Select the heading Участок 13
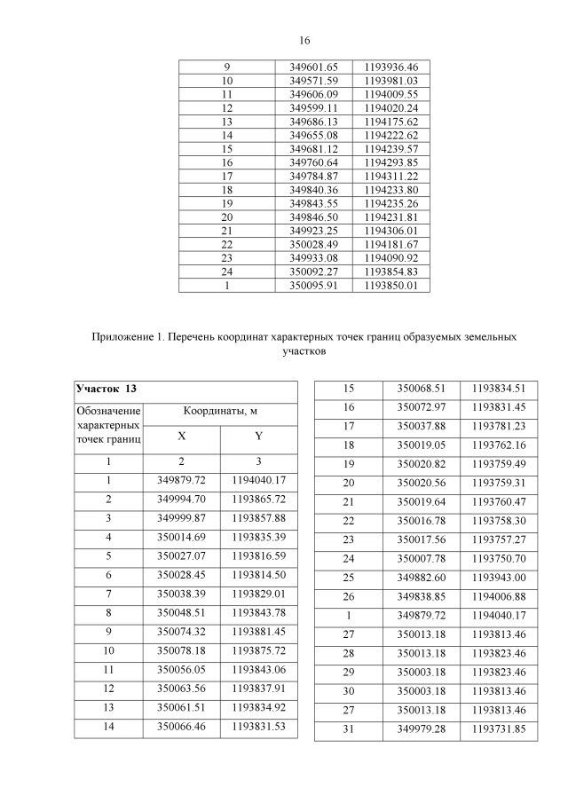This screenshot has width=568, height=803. click(106, 390)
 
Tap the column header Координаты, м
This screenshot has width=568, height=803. click(220, 412)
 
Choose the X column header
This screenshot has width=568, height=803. click(181, 437)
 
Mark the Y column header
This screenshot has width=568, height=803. click(258, 437)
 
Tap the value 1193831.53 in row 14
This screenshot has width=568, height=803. click(258, 727)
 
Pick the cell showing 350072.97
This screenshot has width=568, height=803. click(421, 407)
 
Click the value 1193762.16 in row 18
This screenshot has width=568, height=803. click(499, 445)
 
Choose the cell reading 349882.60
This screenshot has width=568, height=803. click(421, 577)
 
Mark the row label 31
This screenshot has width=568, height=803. click(348, 728)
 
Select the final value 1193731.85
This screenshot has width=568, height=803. click(499, 728)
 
